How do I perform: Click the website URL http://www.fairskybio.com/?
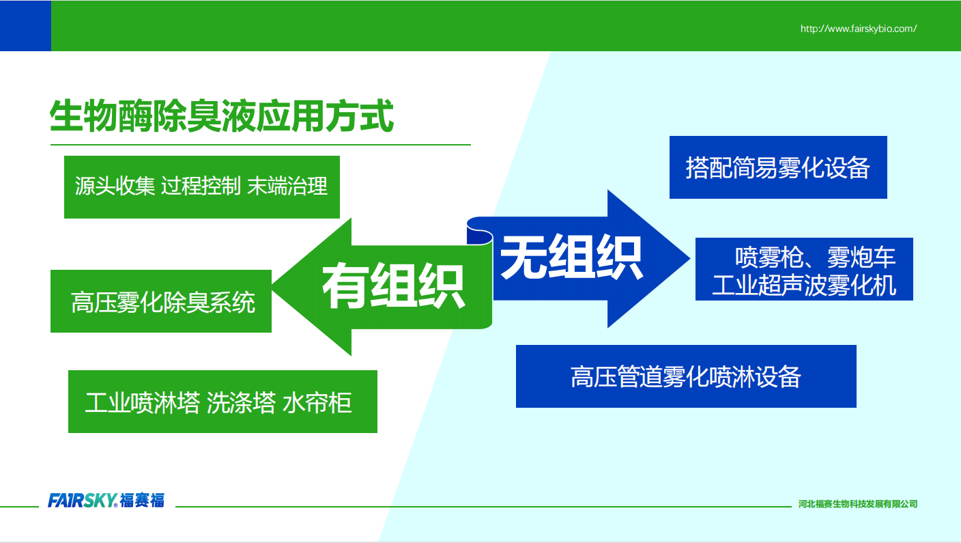(x=859, y=29)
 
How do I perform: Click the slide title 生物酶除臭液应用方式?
(x=222, y=116)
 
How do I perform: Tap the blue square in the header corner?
(x=25, y=25)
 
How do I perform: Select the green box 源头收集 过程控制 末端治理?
(x=202, y=187)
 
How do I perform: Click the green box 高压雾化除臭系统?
(x=161, y=301)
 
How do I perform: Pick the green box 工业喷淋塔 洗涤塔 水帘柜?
(x=223, y=402)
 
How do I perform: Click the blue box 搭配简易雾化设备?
(x=778, y=167)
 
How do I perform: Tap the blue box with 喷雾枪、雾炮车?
(x=804, y=269)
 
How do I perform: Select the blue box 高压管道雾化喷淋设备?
(x=686, y=376)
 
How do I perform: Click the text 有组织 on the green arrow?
(x=393, y=286)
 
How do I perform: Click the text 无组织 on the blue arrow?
(x=571, y=257)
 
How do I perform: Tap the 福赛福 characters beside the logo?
(x=142, y=501)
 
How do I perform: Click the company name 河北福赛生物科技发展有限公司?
(x=858, y=504)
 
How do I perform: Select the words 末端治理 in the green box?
(x=287, y=186)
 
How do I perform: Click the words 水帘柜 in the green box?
(x=317, y=402)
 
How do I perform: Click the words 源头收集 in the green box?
(x=115, y=186)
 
